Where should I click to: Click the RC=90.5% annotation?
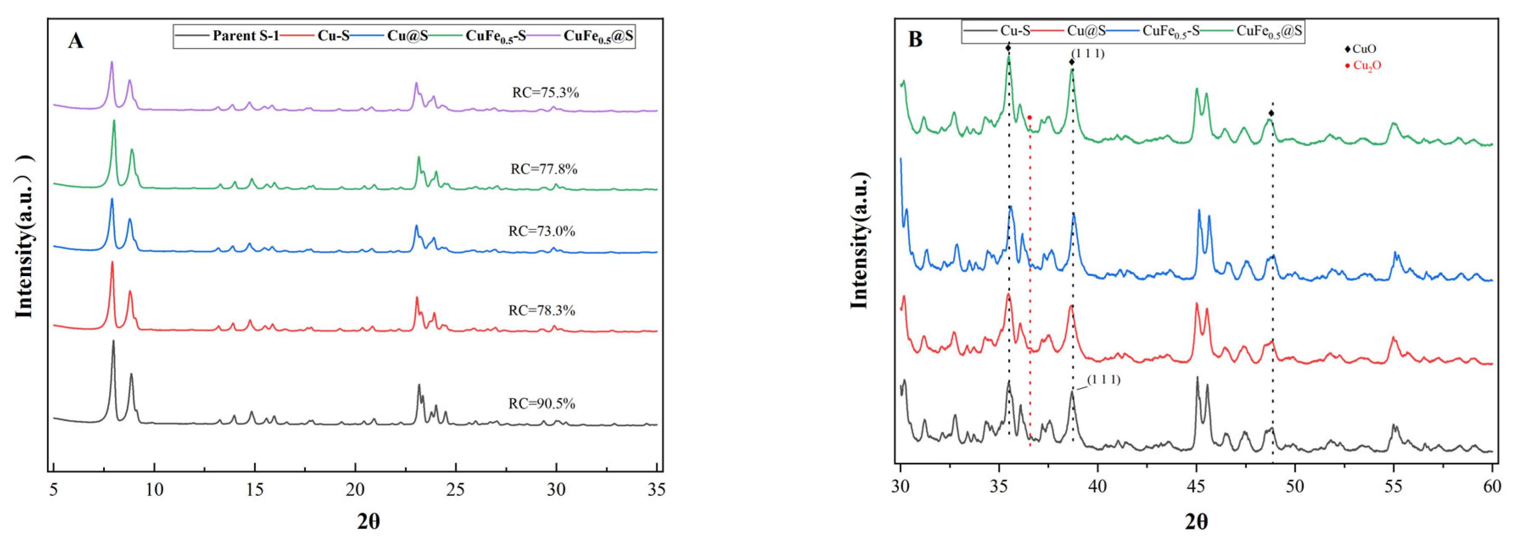click(x=542, y=404)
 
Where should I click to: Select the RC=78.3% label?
click(x=542, y=310)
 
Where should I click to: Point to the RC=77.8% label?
click(x=544, y=170)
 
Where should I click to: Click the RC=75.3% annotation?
click(x=545, y=93)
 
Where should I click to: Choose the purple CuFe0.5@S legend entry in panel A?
click(x=598, y=36)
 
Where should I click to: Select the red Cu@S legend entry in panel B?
click(x=1085, y=31)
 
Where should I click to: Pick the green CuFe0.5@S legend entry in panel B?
click(x=1269, y=31)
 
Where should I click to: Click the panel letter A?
click(x=75, y=41)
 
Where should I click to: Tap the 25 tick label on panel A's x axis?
click(x=455, y=489)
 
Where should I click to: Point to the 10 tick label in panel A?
click(x=154, y=489)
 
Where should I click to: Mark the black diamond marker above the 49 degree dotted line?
click(x=1271, y=113)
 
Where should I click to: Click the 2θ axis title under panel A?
click(x=369, y=522)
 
